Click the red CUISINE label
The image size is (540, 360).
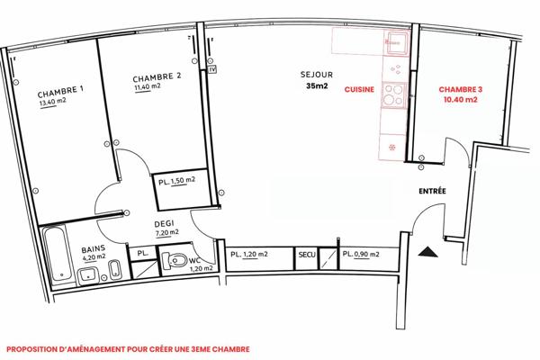[360, 90]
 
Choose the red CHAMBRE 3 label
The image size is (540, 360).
[460, 90]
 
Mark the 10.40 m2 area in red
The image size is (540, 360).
[460, 101]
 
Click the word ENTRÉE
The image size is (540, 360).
[436, 193]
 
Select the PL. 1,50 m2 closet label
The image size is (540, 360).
[177, 182]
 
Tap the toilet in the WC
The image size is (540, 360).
[177, 261]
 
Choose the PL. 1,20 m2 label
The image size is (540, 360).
[249, 256]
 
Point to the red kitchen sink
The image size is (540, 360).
[393, 40]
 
